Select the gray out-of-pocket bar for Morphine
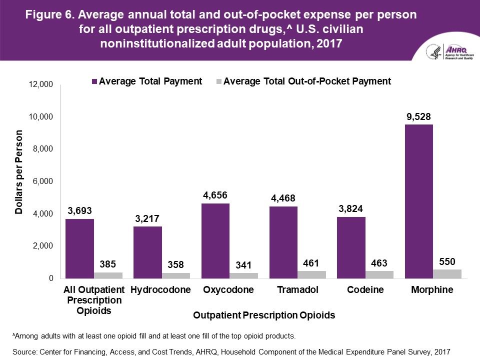pos(447,274)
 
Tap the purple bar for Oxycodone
pos(215,240)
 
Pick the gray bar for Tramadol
pos(311,274)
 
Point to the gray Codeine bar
pos(379,274)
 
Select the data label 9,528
pos(418,117)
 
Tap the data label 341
pos(243,265)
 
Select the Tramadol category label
pos(297,290)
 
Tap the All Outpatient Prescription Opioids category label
pos(92,300)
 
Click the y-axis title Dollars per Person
pos(19,172)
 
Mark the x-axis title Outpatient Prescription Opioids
pos(263,316)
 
